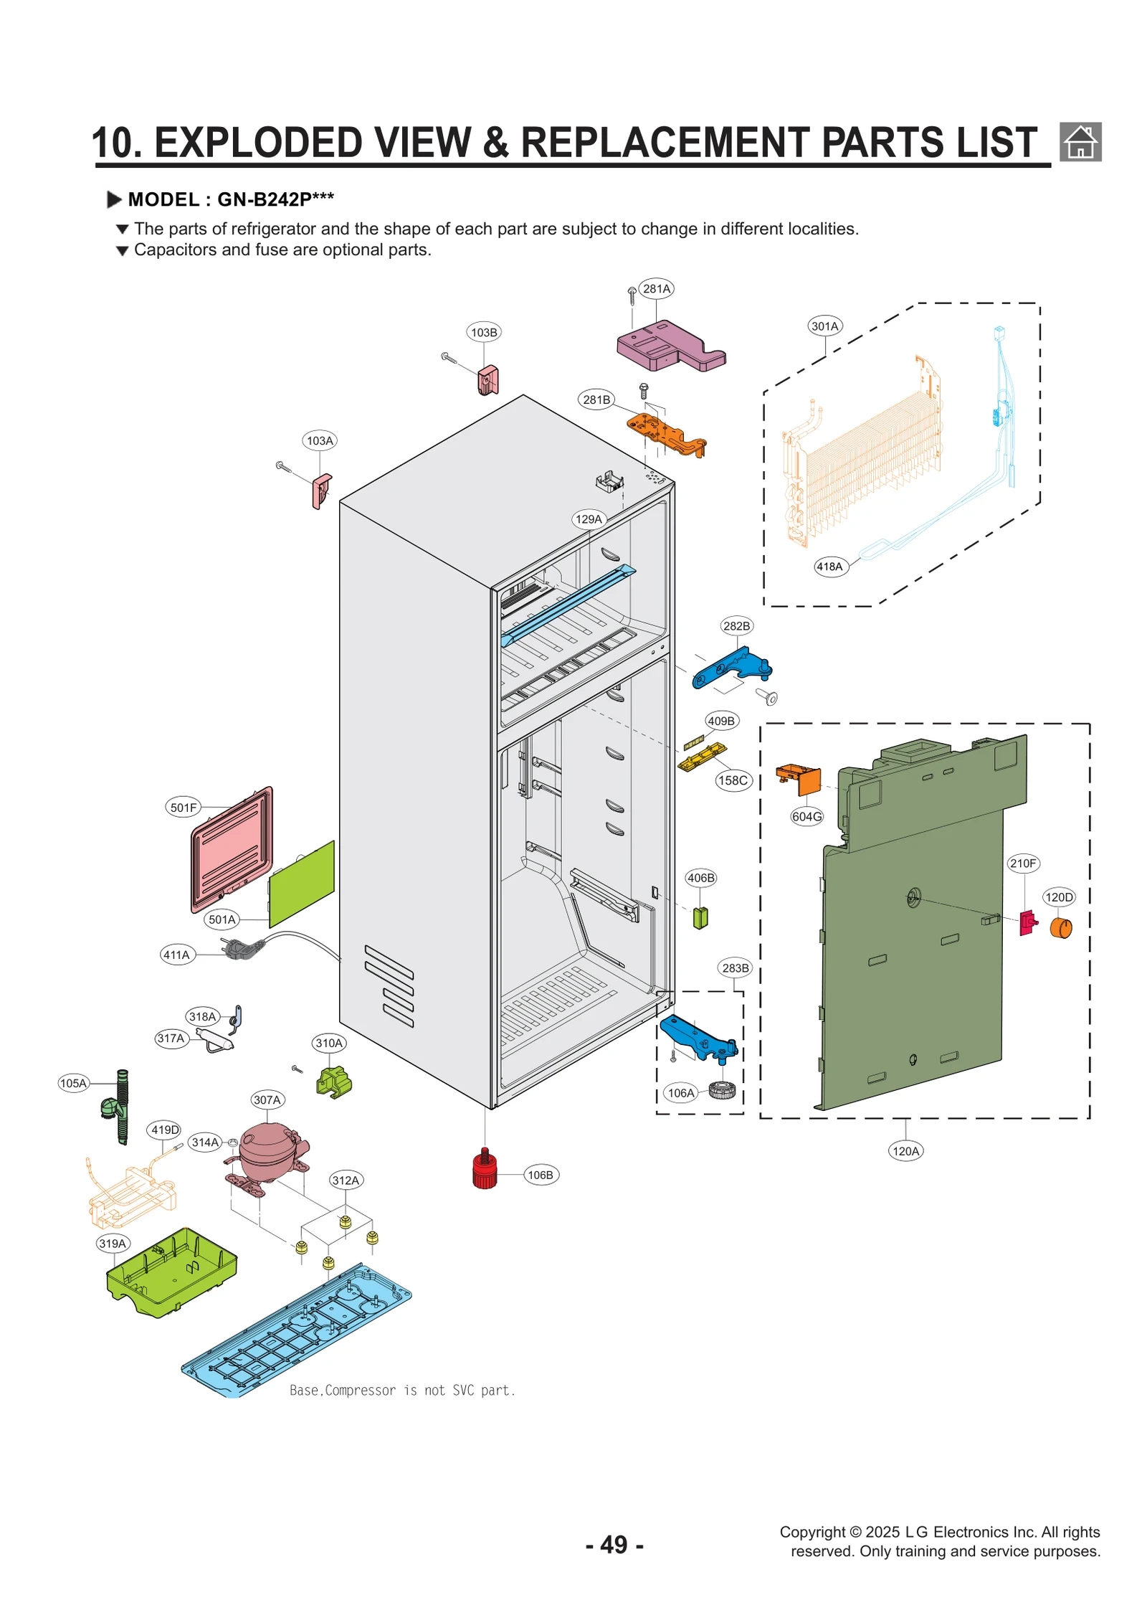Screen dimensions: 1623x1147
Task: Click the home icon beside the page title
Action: point(1080,141)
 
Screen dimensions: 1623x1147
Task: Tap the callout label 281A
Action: point(656,288)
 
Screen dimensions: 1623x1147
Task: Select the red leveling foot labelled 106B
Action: point(485,1170)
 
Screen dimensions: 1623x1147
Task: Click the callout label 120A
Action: point(905,1151)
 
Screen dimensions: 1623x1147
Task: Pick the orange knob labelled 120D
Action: point(1060,927)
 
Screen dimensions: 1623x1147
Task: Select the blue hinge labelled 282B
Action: point(731,667)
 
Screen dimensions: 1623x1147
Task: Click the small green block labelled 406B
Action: point(700,917)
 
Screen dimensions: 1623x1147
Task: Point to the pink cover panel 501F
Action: point(232,849)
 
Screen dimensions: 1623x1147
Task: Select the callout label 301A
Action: point(824,326)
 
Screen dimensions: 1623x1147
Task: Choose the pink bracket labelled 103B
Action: point(487,379)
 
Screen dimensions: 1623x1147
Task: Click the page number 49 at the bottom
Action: point(614,1544)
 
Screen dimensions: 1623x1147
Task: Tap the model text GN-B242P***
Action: point(275,199)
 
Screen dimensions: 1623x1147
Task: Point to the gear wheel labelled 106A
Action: point(721,1091)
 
